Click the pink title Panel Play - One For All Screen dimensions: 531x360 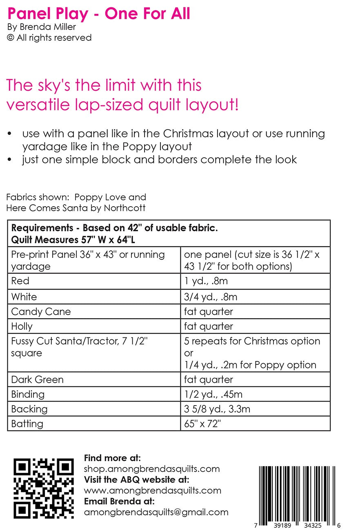(99, 14)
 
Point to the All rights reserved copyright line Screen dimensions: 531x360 (49, 38)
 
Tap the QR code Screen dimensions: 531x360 (44, 489)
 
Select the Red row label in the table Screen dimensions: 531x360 (20, 281)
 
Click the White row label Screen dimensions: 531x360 (24, 297)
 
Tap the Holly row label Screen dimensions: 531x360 (22, 326)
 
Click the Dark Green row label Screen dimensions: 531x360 (38, 379)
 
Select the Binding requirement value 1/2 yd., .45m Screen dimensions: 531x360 (219, 394)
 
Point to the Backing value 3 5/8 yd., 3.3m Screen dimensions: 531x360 (217, 409)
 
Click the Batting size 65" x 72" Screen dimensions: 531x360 (202, 424)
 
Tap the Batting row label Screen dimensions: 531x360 (27, 424)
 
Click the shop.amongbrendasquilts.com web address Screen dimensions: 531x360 (151, 469)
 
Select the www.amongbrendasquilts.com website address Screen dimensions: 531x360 (152, 490)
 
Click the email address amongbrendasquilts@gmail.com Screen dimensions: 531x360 (156, 512)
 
